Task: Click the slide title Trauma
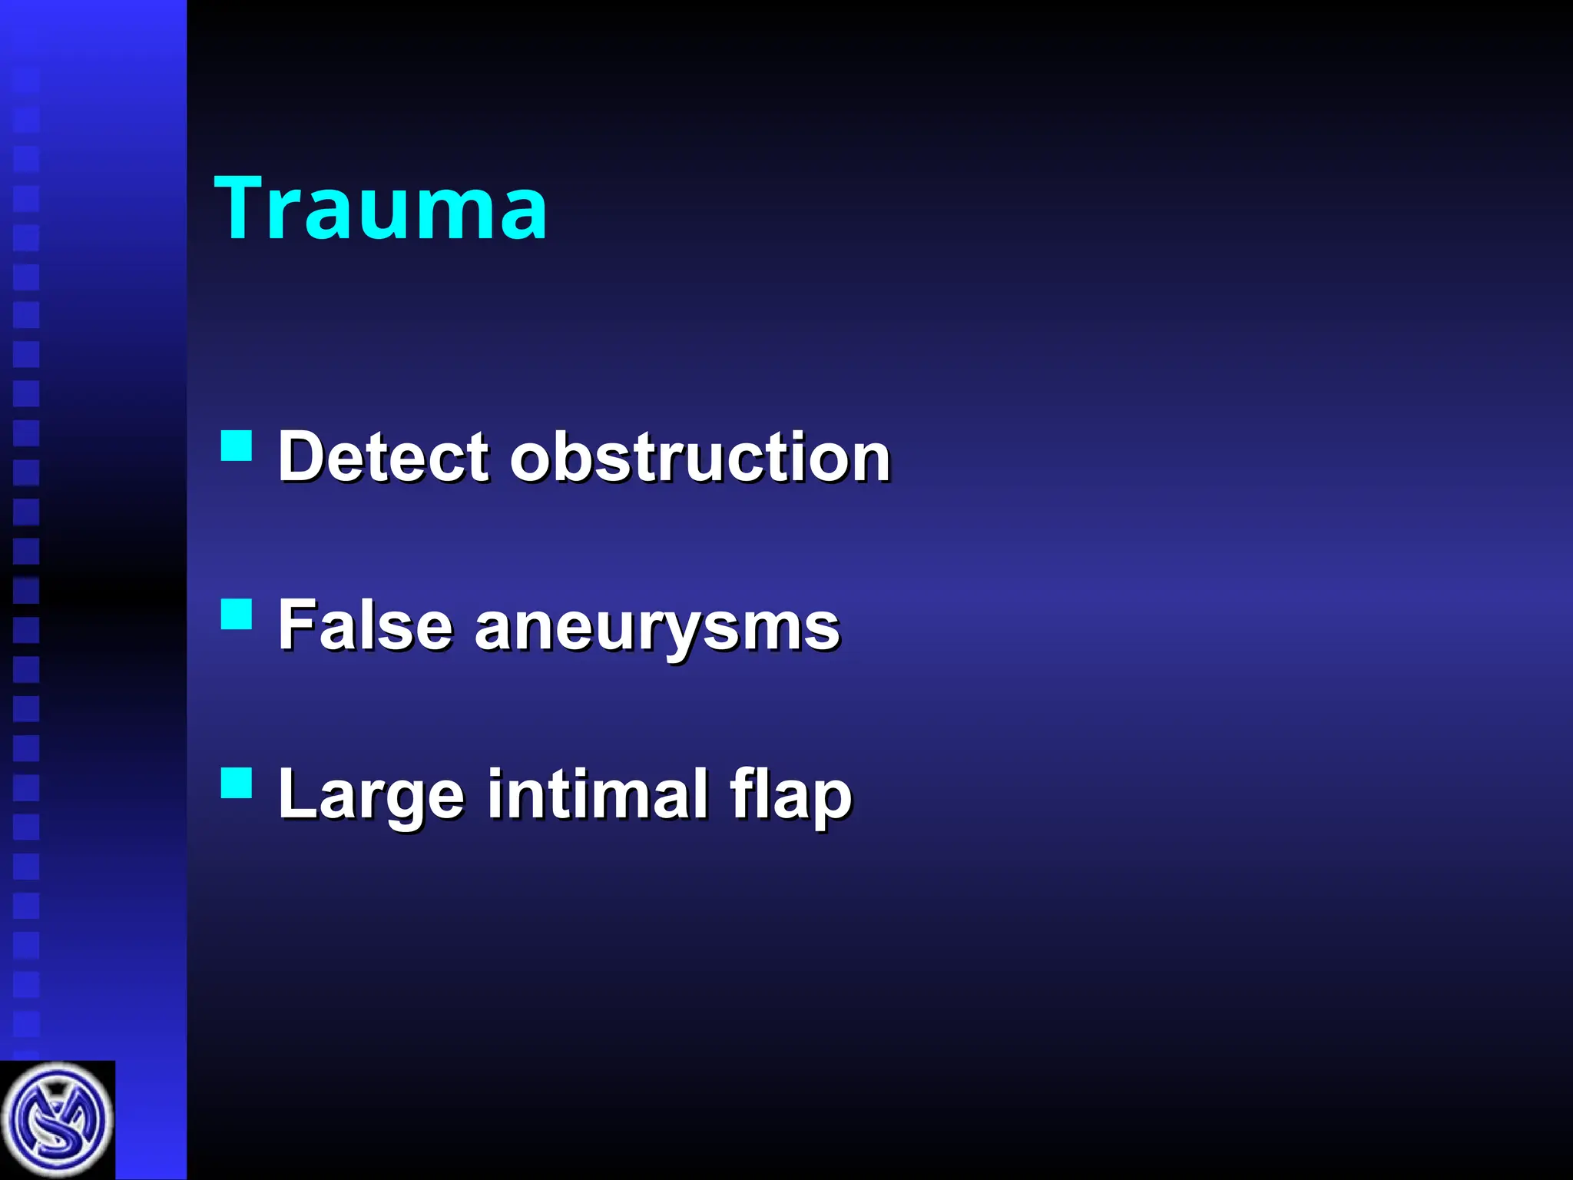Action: (380, 208)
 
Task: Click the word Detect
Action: (382, 457)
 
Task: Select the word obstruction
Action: (700, 457)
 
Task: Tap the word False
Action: (364, 626)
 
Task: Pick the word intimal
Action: (598, 794)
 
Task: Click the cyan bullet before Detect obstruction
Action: (237, 445)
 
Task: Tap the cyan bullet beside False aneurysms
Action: (237, 615)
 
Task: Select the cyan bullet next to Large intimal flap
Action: (237, 784)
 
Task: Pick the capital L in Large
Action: (296, 794)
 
